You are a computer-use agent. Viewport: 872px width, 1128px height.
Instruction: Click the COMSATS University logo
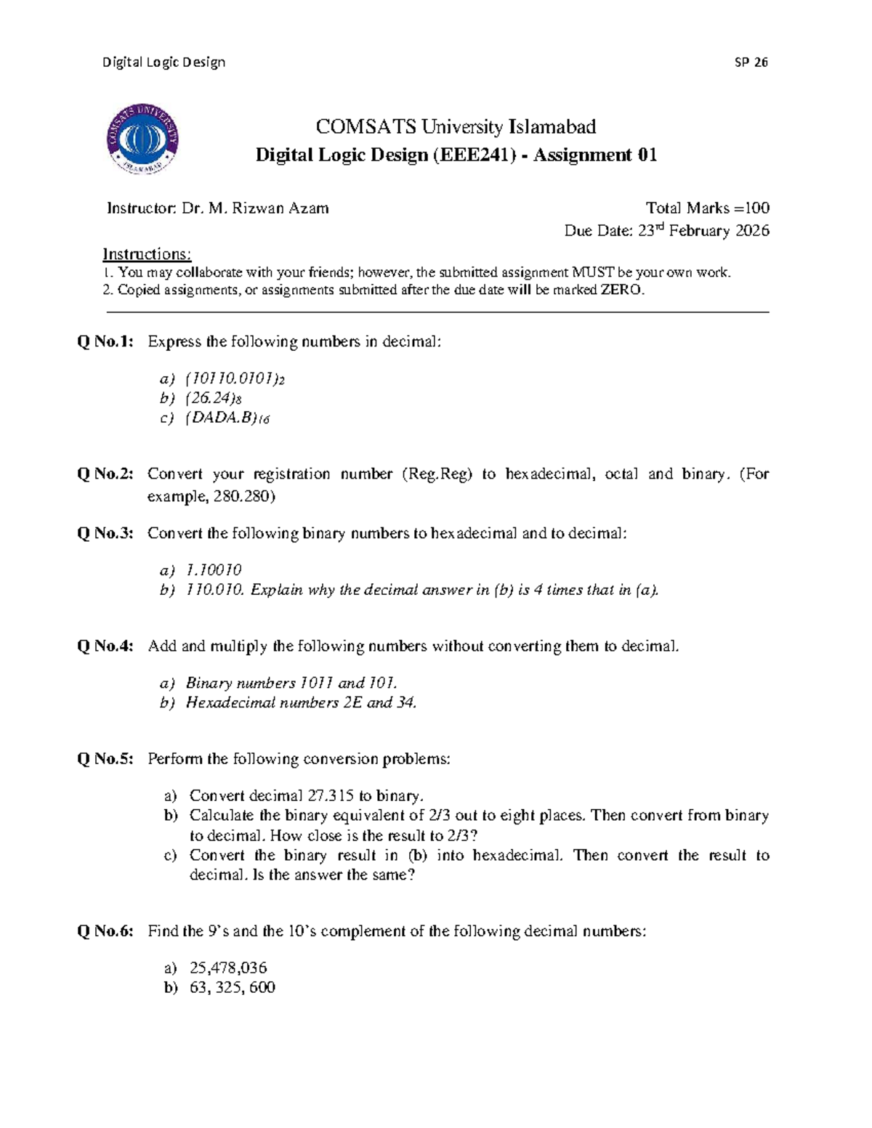[x=143, y=138]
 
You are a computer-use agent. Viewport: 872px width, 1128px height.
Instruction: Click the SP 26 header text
[x=751, y=62]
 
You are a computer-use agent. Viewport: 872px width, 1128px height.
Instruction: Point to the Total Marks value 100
[x=756, y=208]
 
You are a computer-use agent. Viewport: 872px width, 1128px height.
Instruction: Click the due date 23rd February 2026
[x=703, y=231]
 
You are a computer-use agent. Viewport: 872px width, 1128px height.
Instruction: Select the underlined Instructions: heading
[x=147, y=254]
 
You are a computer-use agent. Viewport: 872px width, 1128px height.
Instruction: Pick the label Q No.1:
[x=106, y=341]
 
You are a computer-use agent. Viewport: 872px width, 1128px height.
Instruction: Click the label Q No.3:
[x=106, y=533]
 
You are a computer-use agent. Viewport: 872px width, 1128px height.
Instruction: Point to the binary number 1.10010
[x=214, y=570]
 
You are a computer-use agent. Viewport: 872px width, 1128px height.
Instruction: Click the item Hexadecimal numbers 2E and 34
[x=301, y=702]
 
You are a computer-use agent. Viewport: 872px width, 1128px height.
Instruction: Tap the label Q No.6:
[x=106, y=931]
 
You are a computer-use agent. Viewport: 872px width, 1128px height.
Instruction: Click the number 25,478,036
[x=228, y=967]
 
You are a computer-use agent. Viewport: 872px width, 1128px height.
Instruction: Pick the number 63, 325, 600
[x=233, y=987]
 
